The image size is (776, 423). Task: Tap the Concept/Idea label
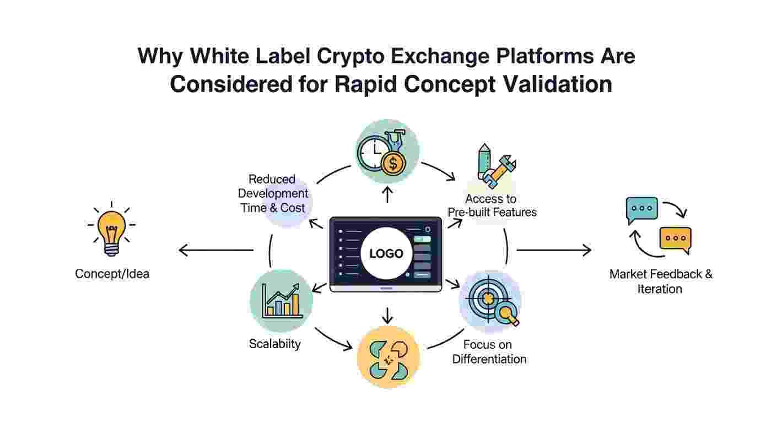click(112, 273)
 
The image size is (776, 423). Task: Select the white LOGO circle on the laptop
click(386, 253)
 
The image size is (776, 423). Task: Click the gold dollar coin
click(393, 164)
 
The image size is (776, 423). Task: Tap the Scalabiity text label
click(274, 344)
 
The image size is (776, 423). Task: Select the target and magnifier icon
click(490, 301)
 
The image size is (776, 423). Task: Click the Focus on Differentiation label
click(489, 352)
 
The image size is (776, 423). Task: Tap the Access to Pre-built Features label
click(492, 205)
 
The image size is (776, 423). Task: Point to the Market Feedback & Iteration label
click(660, 281)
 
